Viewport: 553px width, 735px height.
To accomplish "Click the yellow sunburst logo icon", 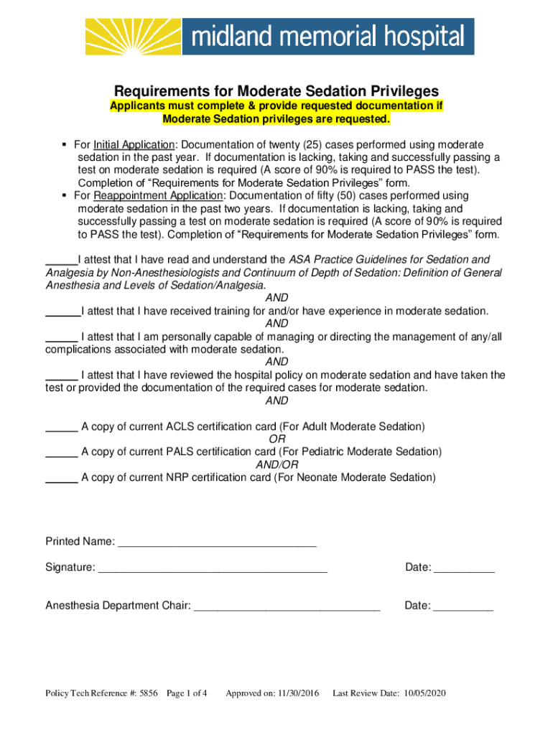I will point(133,37).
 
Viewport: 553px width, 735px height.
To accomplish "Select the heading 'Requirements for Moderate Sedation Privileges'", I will point(276,91).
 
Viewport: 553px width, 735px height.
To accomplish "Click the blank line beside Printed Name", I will point(216,542).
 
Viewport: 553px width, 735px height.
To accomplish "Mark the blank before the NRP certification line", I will point(62,478).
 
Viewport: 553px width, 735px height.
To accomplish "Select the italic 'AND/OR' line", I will point(276,465).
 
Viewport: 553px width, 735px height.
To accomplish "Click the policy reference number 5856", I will point(149,693).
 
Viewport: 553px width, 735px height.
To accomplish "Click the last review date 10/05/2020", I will point(425,693).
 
